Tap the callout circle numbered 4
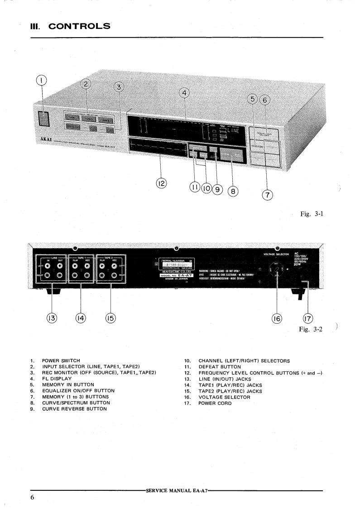coord(184,94)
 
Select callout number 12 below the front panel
coord(161,183)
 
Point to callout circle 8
coord(233,191)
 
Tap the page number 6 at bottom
coord(33,497)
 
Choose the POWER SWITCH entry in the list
coord(62,361)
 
